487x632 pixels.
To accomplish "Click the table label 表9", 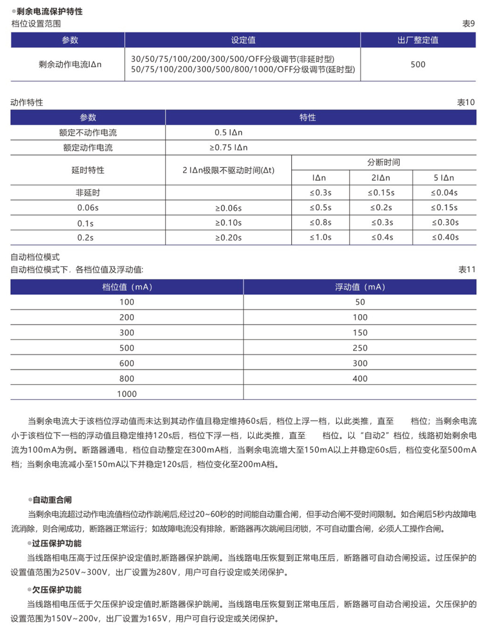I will [x=468, y=23].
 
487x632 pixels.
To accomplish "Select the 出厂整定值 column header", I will [x=418, y=40].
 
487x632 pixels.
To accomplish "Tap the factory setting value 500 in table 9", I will [x=418, y=64].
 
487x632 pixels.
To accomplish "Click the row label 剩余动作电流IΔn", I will [x=70, y=64].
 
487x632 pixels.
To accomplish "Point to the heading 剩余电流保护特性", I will [x=50, y=11].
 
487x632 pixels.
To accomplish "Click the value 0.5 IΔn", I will [x=228, y=132].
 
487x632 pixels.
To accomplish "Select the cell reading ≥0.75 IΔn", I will [x=228, y=147].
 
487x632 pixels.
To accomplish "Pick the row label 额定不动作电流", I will [x=88, y=132].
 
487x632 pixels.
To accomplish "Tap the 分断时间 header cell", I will [x=384, y=163].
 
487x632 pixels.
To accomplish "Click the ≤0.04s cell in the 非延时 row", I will [x=444, y=193].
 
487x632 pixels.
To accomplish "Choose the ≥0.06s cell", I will [x=228, y=208].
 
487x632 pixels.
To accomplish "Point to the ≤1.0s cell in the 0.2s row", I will [x=320, y=237].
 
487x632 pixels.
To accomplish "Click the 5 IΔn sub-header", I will [x=444, y=178].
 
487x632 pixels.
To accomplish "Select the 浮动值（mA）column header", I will [x=360, y=287].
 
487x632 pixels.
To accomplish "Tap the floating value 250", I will [x=360, y=348].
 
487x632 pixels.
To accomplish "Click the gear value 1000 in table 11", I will [x=127, y=394].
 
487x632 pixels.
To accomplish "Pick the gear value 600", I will [x=127, y=363].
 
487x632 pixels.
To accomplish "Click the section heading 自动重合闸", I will [x=52, y=500].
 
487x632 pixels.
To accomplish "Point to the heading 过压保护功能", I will [x=56, y=543].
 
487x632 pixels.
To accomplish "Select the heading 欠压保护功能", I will [x=56, y=590].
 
